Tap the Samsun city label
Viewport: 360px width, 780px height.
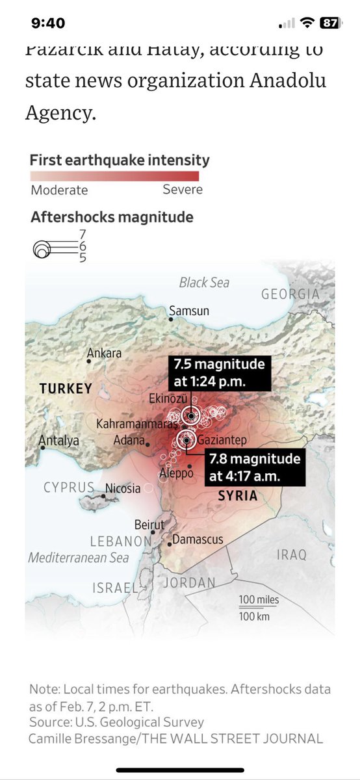click(189, 311)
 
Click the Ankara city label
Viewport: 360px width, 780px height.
click(104, 354)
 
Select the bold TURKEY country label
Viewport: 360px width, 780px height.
click(66, 389)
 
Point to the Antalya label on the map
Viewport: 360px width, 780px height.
click(59, 440)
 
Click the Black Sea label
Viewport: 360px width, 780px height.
click(204, 282)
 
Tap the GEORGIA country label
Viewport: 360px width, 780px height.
click(290, 294)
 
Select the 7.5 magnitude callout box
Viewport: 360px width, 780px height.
click(218, 372)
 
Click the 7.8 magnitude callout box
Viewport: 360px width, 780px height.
click(255, 467)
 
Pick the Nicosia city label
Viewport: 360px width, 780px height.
click(123, 487)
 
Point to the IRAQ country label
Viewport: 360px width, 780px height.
click(290, 554)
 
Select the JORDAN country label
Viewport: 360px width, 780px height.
click(189, 583)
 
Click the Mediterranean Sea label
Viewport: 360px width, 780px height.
click(78, 558)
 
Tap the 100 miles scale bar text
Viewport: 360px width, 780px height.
click(258, 599)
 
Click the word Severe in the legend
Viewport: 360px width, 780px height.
click(183, 190)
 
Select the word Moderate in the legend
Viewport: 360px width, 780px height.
click(59, 190)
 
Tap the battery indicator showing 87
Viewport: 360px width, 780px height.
click(329, 23)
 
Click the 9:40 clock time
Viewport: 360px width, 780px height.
click(48, 23)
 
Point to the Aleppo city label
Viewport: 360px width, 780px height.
click(177, 473)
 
